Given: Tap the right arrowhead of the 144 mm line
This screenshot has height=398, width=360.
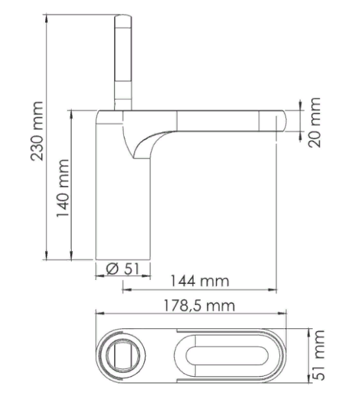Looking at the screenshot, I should point(274,290).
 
